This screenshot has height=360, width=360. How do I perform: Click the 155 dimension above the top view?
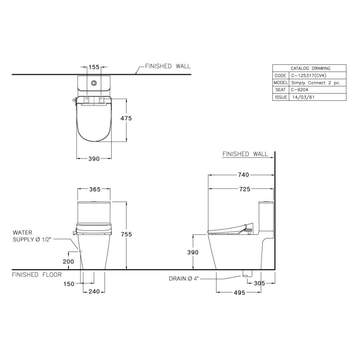pyautogui.click(x=94, y=67)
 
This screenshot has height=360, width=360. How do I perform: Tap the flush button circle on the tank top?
pyautogui.click(x=94, y=83)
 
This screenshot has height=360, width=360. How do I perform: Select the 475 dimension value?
pyautogui.click(x=126, y=118)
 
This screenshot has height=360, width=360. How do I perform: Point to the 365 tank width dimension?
pyautogui.click(x=95, y=189)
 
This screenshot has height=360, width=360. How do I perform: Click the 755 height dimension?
pyautogui.click(x=126, y=234)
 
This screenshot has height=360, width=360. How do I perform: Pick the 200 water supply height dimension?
pyautogui.click(x=68, y=261)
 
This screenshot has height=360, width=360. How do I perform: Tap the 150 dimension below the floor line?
pyautogui.click(x=69, y=284)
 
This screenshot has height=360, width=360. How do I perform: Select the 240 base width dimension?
pyautogui.click(x=94, y=292)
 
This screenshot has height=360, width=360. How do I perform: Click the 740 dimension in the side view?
pyautogui.click(x=243, y=175)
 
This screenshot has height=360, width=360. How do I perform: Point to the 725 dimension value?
pyautogui.click(x=244, y=189)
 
